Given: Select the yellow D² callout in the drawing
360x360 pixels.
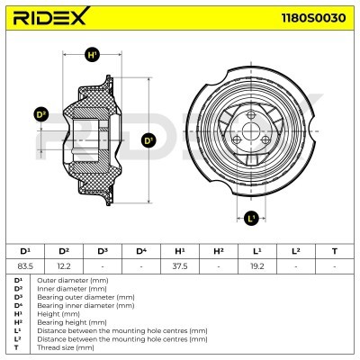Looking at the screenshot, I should point(40,114).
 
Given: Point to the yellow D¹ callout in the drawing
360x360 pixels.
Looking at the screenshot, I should point(149,139).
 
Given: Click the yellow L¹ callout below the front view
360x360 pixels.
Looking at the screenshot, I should point(251,216).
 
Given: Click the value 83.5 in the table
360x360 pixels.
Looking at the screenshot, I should point(25,265).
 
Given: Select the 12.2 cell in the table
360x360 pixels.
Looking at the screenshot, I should point(64,265).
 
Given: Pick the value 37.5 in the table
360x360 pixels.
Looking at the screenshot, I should point(179,265).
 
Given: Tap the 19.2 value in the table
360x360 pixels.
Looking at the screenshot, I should point(256,265).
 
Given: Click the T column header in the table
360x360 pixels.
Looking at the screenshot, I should point(334,250).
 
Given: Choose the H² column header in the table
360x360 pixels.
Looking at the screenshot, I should point(218,250).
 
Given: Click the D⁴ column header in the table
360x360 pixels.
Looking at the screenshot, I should point(140,250).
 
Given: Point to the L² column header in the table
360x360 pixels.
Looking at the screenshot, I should point(295,250).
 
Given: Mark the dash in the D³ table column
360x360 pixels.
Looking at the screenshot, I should point(103,265).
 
